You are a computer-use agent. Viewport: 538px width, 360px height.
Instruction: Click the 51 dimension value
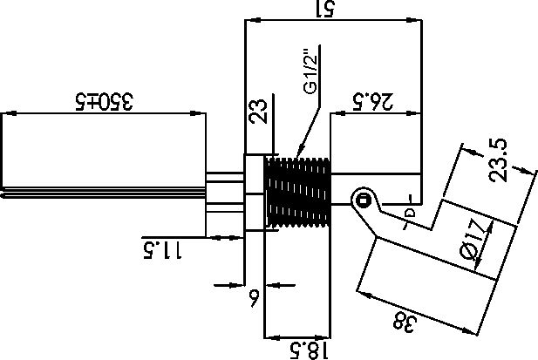tap(324, 10)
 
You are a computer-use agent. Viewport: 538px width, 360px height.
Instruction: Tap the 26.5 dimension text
tap(372, 101)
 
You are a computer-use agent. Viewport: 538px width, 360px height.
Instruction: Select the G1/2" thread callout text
tap(310, 72)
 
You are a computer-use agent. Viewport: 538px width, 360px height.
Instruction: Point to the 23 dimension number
tap(258, 111)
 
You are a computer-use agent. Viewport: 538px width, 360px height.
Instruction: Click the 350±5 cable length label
tap(104, 101)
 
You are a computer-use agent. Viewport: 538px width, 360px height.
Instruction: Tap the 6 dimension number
tap(254, 298)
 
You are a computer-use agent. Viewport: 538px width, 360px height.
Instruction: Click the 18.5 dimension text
tap(309, 350)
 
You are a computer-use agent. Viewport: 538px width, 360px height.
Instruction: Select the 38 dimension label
tap(405, 323)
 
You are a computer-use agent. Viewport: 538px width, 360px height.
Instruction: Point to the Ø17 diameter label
tap(472, 238)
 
